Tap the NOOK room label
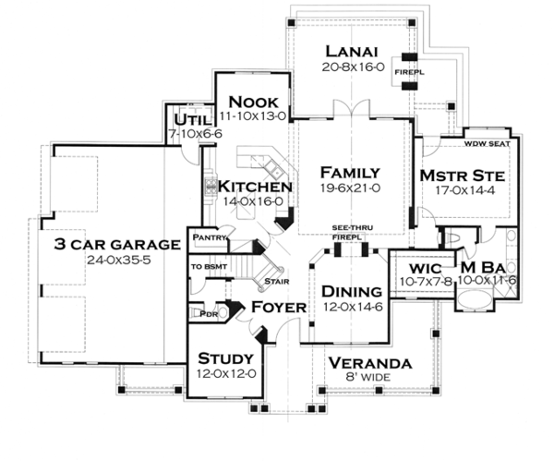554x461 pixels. (x=247, y=101)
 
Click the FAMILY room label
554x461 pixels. (x=350, y=173)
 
